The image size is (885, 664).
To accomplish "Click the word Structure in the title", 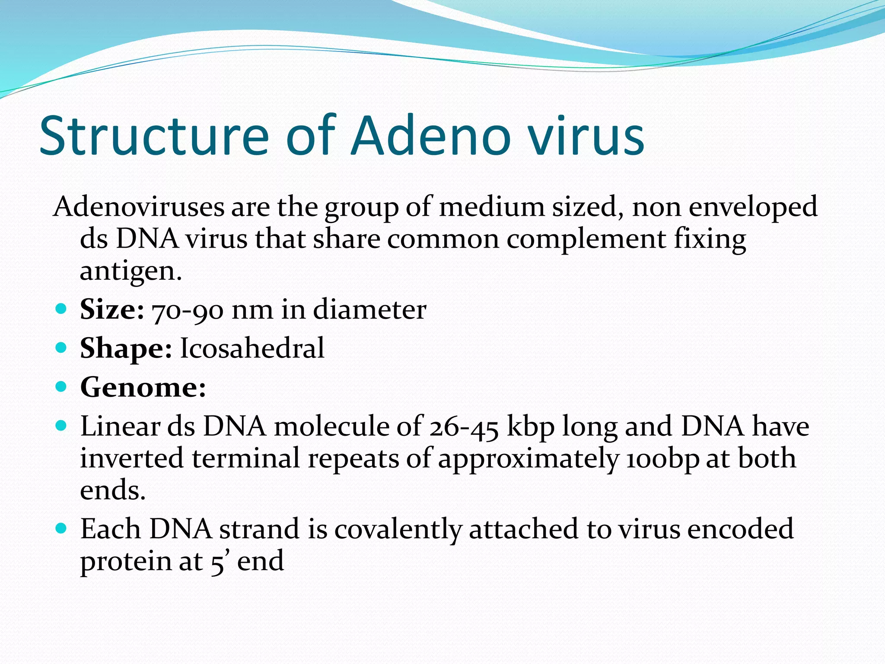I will [154, 136].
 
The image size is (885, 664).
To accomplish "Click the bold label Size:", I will [112, 310].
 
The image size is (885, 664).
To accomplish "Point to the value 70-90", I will [188, 310].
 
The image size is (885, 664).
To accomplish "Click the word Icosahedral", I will [252, 348].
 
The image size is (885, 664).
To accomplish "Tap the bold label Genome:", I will [143, 387].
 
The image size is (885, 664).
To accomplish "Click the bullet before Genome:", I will [61, 386].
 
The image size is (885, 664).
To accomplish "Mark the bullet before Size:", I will [61, 309].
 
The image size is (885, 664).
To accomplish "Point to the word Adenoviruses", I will [139, 207].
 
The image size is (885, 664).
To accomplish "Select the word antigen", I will [131, 271].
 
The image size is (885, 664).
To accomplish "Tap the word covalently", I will [398, 529].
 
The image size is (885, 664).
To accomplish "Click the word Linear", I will [120, 426].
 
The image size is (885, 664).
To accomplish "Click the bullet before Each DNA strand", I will [61, 528].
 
